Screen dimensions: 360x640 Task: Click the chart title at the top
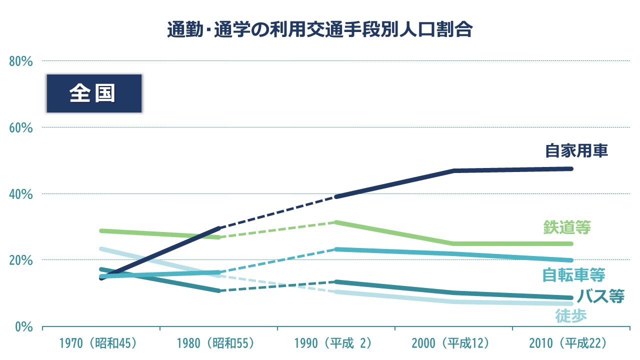319,29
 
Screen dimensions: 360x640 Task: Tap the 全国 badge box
94,93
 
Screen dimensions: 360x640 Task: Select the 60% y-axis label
21,127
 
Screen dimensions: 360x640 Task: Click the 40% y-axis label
21,194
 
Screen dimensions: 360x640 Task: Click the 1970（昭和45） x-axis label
98,343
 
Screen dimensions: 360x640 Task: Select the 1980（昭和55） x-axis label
216,343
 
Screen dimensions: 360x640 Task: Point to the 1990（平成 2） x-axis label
333,343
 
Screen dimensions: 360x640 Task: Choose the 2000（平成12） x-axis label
451,343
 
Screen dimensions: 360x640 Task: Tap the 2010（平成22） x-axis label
568,343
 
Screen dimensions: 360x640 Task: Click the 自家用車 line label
576,150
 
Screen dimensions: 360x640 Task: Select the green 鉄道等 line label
567,227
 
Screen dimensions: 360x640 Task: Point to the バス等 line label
600,296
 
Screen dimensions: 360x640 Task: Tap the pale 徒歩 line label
570,315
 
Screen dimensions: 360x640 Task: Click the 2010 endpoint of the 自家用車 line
571,168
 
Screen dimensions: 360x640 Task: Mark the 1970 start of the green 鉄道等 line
101,230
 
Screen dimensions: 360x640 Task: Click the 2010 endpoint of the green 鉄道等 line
571,244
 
